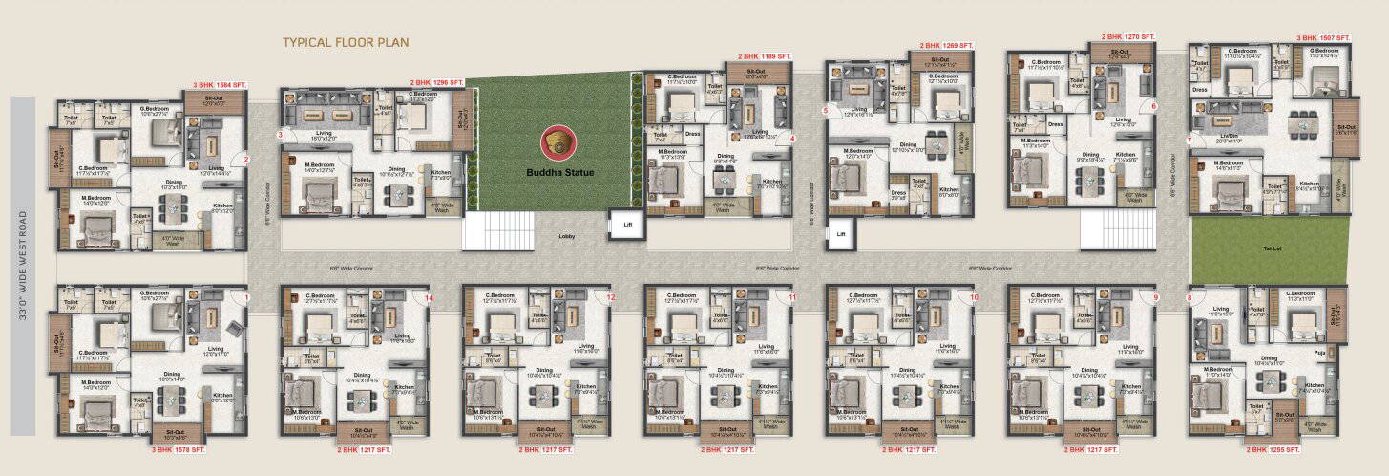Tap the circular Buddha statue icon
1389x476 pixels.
558,143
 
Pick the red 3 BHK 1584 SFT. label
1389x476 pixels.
221,86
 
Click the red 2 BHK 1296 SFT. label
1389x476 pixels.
437,83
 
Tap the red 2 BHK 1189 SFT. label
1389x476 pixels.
765,57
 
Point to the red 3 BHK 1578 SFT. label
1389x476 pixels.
179,448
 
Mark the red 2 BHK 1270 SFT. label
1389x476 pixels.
1128,36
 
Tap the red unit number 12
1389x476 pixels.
611,298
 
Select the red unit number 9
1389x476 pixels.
1155,298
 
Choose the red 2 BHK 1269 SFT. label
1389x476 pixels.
946,45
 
